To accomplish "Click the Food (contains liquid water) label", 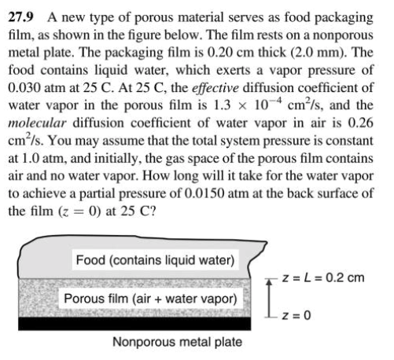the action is [154, 260].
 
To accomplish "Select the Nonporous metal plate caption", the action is [178, 342].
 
